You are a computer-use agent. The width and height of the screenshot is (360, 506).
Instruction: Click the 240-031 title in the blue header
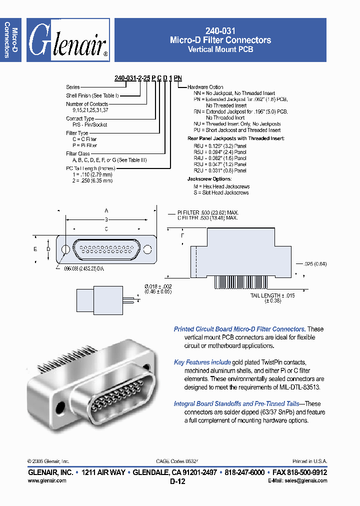pyautogui.click(x=220, y=30)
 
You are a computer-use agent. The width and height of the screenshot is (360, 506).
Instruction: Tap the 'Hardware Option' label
pyautogui.click(x=205, y=87)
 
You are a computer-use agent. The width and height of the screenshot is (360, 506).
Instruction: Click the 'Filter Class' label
pyautogui.click(x=78, y=153)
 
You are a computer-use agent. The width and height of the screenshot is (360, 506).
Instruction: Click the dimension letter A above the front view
pyautogui.click(x=106, y=210)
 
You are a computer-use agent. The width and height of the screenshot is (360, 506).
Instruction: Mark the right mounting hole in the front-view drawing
pyautogui.click(x=147, y=249)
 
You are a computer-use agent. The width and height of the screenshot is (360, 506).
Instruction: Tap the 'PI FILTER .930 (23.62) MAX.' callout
pyautogui.click(x=208, y=212)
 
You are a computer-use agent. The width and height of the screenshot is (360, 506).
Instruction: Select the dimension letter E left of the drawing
pyautogui.click(x=35, y=248)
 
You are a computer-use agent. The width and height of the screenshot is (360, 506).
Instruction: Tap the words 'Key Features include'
pyautogui.click(x=202, y=362)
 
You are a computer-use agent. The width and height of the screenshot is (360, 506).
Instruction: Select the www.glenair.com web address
pyautogui.click(x=47, y=480)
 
